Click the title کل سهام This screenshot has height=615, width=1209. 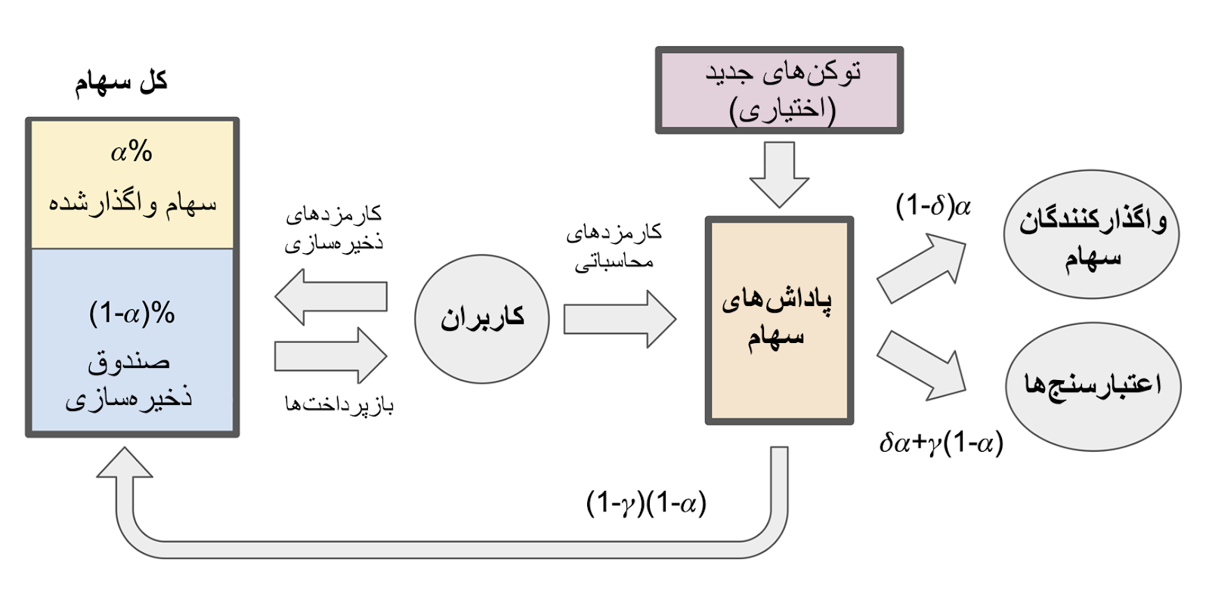[121, 82]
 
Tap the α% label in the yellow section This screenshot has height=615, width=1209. [131, 152]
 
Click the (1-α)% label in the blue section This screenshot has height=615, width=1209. [132, 313]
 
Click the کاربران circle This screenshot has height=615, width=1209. [482, 318]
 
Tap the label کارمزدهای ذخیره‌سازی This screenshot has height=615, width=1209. [333, 229]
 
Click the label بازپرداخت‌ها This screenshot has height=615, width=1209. [339, 404]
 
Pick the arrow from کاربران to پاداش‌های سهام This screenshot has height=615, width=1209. [619, 319]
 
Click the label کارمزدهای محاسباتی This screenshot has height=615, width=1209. [614, 246]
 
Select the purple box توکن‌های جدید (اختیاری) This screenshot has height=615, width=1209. [779, 91]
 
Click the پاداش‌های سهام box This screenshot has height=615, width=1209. [779, 320]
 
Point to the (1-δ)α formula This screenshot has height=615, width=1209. [933, 206]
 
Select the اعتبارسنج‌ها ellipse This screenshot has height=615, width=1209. [1093, 385]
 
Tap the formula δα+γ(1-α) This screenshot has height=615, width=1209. [941, 443]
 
